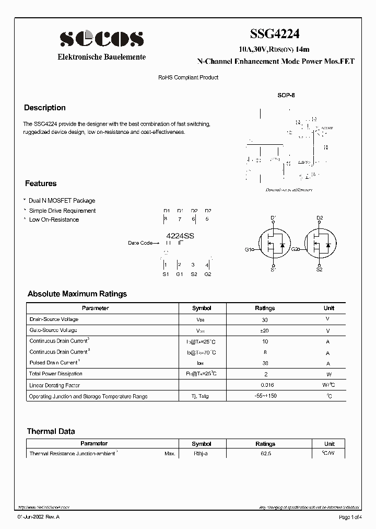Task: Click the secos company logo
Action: (101, 38)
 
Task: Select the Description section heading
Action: (45, 108)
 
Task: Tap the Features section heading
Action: (41, 183)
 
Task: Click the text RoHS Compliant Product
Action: (188, 77)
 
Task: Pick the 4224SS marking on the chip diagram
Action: (180, 236)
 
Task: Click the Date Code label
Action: (140, 243)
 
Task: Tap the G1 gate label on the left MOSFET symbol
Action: (248, 249)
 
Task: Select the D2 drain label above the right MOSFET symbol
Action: (320, 217)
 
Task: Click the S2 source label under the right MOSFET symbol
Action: (319, 270)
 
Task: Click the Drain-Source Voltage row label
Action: (54, 319)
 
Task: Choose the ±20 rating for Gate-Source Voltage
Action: (265, 330)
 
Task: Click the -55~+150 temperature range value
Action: (265, 396)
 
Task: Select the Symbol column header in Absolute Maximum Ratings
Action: (202, 308)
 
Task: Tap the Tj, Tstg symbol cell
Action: (201, 396)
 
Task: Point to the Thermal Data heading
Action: (51, 431)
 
